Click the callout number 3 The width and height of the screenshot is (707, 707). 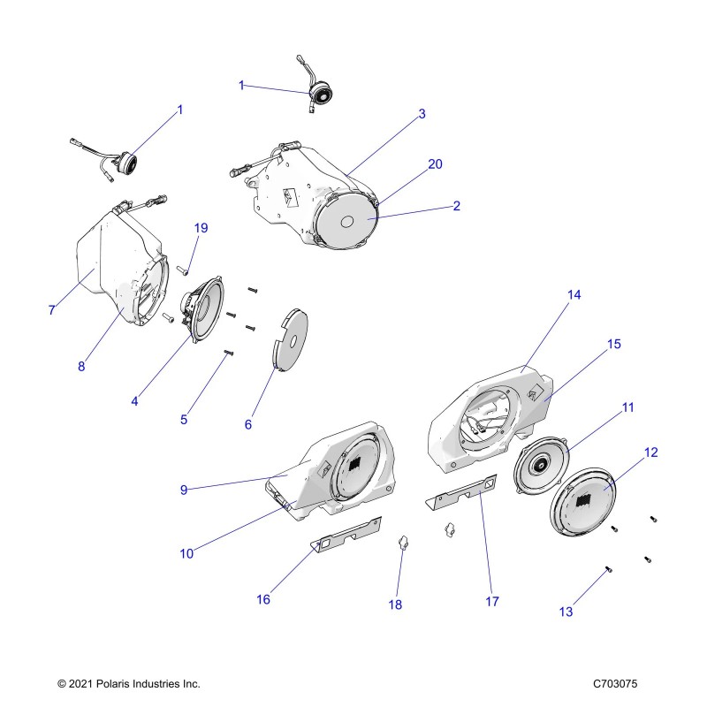click(x=422, y=114)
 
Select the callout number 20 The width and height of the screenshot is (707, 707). click(x=435, y=164)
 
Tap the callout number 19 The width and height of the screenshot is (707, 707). click(x=201, y=228)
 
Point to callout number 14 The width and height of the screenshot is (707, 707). click(x=574, y=295)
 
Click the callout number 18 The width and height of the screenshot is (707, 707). click(x=395, y=604)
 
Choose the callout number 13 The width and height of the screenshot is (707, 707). click(x=566, y=612)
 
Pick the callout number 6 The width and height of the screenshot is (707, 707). click(x=247, y=424)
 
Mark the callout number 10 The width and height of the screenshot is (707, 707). click(x=186, y=553)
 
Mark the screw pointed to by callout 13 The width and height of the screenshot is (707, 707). click(x=611, y=570)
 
